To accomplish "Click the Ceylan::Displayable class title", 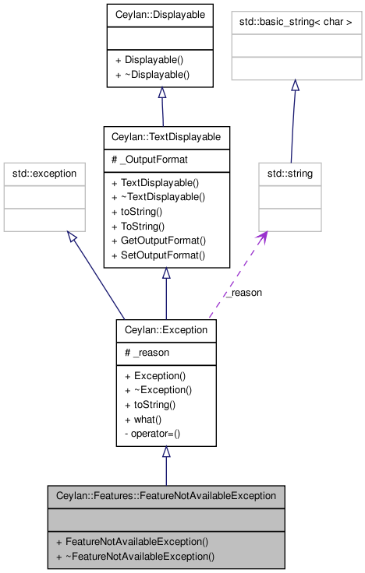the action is coord(160,15).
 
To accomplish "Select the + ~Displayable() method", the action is coord(152,75).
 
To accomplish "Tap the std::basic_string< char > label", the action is coord(296,22).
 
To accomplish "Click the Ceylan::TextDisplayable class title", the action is coord(166,137).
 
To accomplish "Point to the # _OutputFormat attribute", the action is coord(150,160).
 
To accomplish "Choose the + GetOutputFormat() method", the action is coord(159,241).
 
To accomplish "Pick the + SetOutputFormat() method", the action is coord(158,255).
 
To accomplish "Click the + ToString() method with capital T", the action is coord(138,227).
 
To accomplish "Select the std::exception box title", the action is coord(44,173).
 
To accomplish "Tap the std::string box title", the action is coord(290,173).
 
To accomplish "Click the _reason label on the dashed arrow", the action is coord(244,293).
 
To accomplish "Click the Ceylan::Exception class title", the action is coord(166,330).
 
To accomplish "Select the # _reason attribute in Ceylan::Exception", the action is coord(147,353).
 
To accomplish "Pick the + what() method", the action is coord(144,420).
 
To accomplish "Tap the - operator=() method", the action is coord(152,434).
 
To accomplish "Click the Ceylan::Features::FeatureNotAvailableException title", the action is coord(166,496).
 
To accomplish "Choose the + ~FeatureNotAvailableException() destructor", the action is coord(135,557).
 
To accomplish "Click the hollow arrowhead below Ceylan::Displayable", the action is coord(162,93).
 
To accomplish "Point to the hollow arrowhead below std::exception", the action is coord(72,236).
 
